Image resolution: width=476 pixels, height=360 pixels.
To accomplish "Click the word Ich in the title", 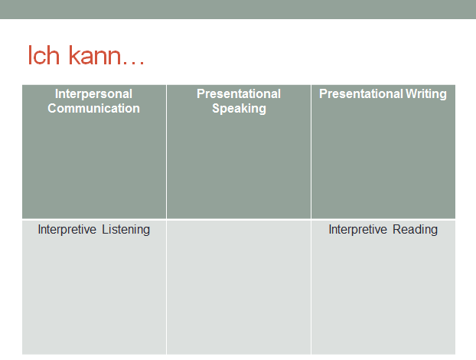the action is pyautogui.click(x=44, y=55).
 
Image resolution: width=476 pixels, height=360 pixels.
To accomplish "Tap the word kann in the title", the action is pyautogui.click(x=95, y=55).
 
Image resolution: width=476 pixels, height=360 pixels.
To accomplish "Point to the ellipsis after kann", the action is pyautogui.click(x=134, y=63).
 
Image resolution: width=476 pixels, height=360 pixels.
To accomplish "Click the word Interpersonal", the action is pyautogui.click(x=93, y=94).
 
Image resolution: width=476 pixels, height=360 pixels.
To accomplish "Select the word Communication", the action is pyautogui.click(x=93, y=109).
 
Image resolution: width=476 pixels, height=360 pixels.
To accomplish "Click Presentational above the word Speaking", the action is pyautogui.click(x=239, y=94).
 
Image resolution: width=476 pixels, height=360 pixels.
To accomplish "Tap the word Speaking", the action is pyautogui.click(x=239, y=109).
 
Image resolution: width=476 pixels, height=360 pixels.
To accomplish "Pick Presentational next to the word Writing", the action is pyautogui.click(x=361, y=94).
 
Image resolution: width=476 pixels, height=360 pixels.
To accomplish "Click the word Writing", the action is pyautogui.click(x=426, y=94).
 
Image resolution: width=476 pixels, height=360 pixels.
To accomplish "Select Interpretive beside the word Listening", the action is pyautogui.click(x=67, y=230).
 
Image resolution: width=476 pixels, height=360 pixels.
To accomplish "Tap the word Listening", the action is pyautogui.click(x=126, y=230).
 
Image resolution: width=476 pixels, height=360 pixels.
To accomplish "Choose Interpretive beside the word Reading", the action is pyautogui.click(x=358, y=230).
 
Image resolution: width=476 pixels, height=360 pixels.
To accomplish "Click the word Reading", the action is pyautogui.click(x=415, y=230).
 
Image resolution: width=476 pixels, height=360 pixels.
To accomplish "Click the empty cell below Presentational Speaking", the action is pyautogui.click(x=239, y=287).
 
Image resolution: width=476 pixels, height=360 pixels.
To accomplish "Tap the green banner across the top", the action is pyautogui.click(x=238, y=9).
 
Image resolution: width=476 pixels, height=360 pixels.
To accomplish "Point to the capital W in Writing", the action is pyautogui.click(x=412, y=94).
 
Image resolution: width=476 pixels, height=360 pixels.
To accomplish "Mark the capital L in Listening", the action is pyautogui.click(x=105, y=230).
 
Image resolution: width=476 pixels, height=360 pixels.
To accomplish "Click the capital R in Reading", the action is pyautogui.click(x=396, y=230).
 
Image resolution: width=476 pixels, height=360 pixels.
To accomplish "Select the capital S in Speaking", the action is pyautogui.click(x=216, y=109).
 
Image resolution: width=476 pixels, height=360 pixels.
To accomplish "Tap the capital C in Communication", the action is pyautogui.click(x=52, y=109).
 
